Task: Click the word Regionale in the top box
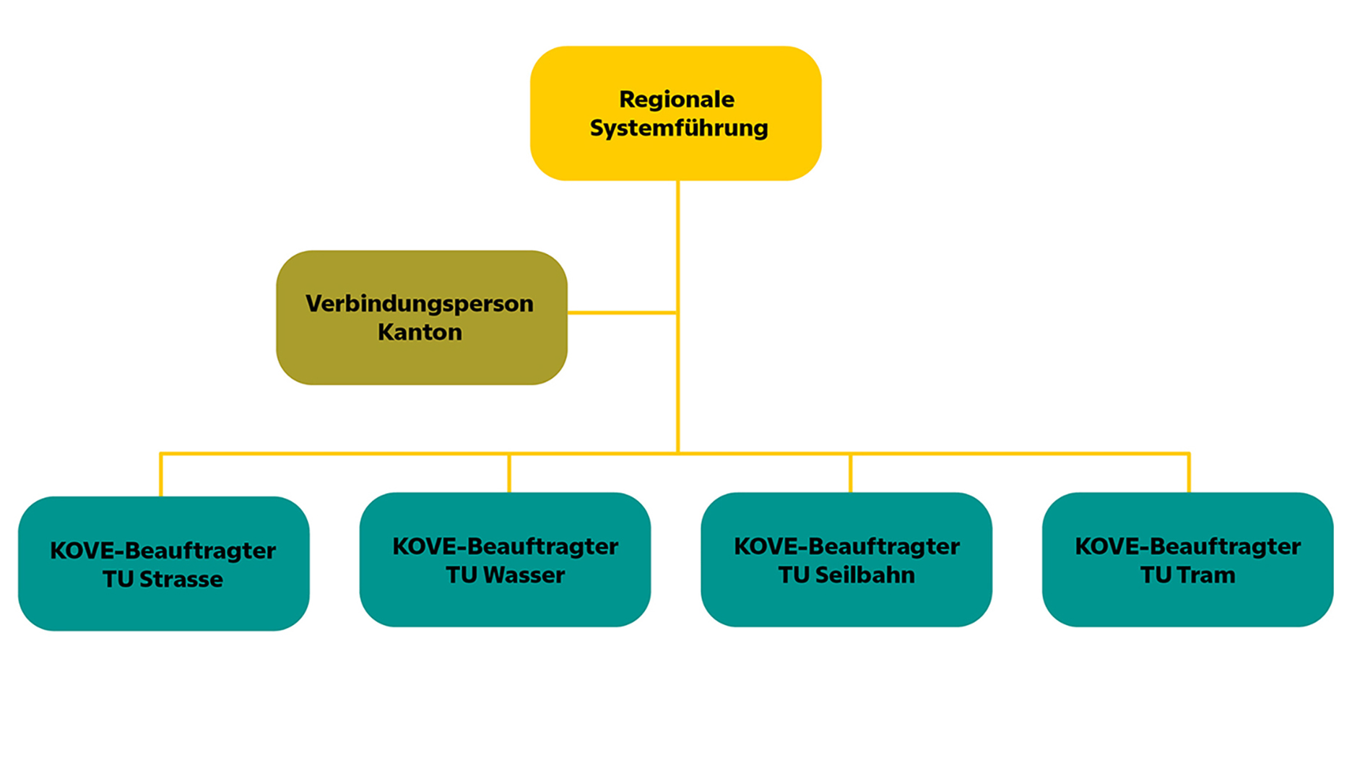click(x=676, y=100)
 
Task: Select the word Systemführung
click(x=678, y=128)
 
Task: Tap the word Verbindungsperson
click(x=419, y=304)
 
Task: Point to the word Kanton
click(x=420, y=333)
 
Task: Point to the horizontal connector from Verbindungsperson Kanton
click(x=622, y=313)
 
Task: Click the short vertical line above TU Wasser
click(x=509, y=473)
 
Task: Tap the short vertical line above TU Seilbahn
click(x=850, y=473)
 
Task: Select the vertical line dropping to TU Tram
click(x=1189, y=473)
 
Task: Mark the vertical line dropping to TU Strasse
click(x=160, y=475)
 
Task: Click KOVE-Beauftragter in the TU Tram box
click(x=1187, y=546)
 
